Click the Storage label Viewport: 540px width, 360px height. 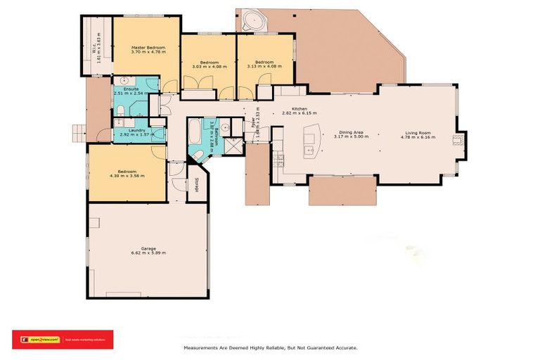pyautogui.click(x=196, y=184)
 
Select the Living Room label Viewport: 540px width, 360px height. pyautogui.click(x=420, y=132)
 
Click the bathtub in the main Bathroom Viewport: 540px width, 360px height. pyautogui.click(x=194, y=132)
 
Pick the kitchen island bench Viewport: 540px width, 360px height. pyautogui.click(x=309, y=141)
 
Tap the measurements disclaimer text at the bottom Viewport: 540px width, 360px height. pyautogui.click(x=271, y=348)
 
